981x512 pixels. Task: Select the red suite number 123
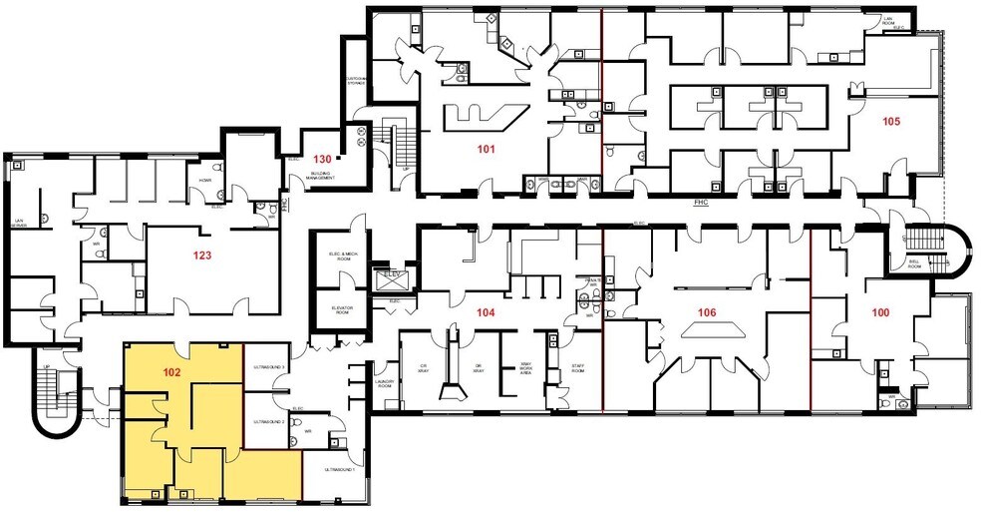point(202,256)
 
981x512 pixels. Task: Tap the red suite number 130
point(322,160)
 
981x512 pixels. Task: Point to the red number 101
point(487,150)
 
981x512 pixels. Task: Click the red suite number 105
point(891,122)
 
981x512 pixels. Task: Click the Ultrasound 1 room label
point(341,469)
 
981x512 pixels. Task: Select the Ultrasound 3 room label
point(270,367)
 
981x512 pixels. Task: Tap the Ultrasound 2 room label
point(270,422)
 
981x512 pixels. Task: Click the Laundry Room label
point(385,382)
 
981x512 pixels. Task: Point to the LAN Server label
point(20,226)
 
